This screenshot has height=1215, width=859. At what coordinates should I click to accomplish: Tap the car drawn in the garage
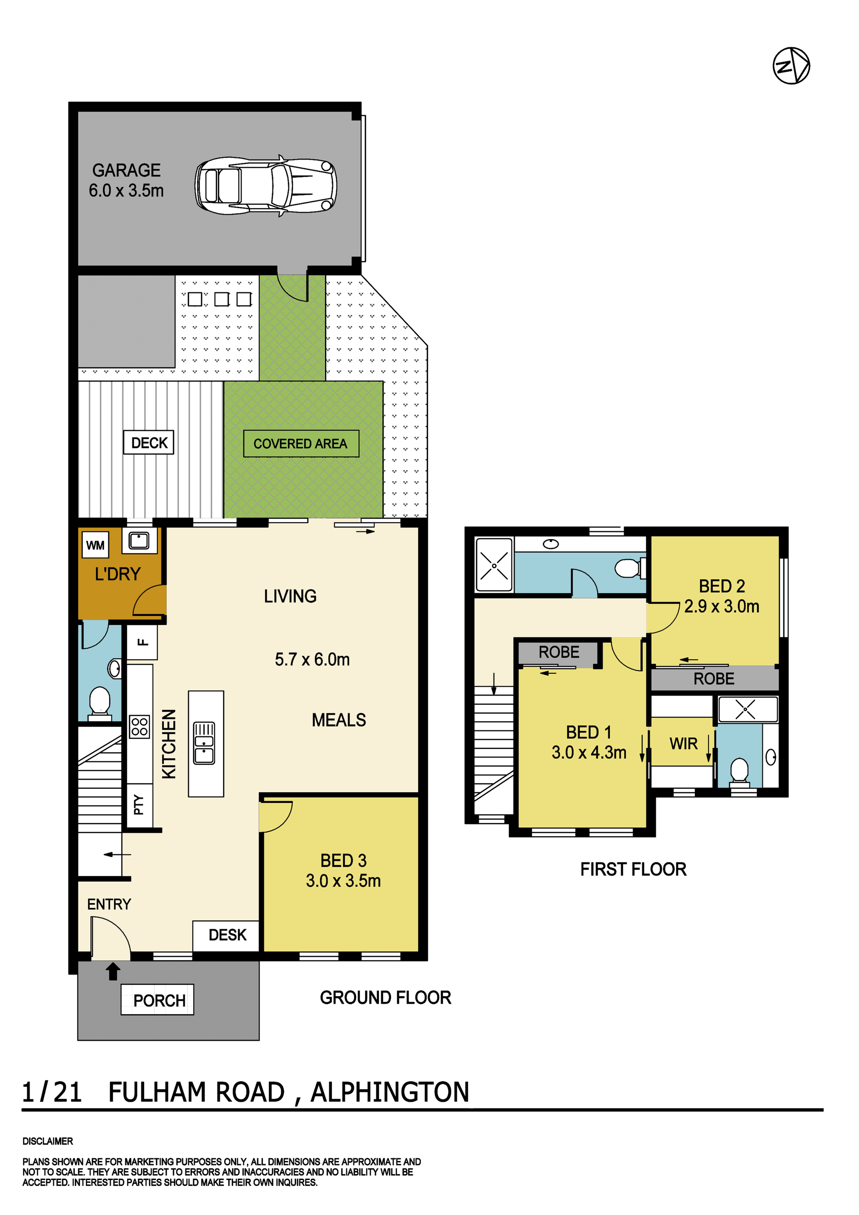pyautogui.click(x=266, y=186)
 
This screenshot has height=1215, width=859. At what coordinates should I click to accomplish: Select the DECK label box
pyautogui.click(x=149, y=442)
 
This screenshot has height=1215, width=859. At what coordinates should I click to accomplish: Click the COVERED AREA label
pyautogui.click(x=301, y=443)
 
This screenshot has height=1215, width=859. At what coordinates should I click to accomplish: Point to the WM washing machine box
pyautogui.click(x=95, y=545)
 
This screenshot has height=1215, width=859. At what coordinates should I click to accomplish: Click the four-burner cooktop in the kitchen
pyautogui.click(x=140, y=727)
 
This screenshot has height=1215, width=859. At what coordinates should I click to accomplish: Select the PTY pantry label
pyautogui.click(x=139, y=804)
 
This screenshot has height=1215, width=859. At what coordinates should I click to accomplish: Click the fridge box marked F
pyautogui.click(x=142, y=642)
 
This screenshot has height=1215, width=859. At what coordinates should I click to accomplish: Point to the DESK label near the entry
pyautogui.click(x=228, y=935)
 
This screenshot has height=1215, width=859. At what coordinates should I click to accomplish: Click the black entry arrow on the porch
pyautogui.click(x=113, y=971)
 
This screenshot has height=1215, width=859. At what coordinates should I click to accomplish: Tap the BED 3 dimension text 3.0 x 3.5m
pyautogui.click(x=343, y=880)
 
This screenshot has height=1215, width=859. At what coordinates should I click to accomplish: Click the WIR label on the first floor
pyautogui.click(x=683, y=743)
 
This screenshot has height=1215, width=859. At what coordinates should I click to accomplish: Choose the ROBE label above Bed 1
pyautogui.click(x=559, y=652)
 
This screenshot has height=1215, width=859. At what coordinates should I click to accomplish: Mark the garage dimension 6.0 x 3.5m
pyautogui.click(x=126, y=191)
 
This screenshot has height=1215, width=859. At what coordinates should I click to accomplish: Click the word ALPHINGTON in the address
pyautogui.click(x=390, y=1092)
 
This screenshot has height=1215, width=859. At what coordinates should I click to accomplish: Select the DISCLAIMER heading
pyautogui.click(x=47, y=1142)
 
